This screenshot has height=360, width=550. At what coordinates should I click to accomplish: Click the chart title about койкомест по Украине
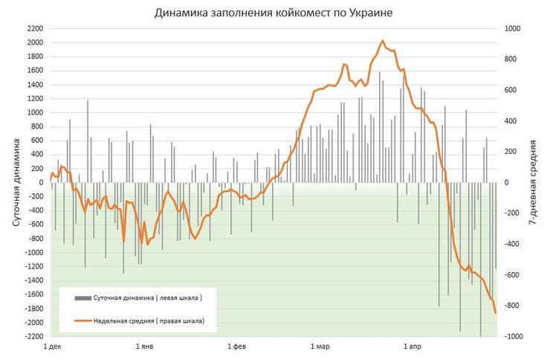(274, 13)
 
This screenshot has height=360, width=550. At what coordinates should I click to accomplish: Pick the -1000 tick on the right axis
(514, 336)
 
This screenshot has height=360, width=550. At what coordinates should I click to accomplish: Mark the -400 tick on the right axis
(513, 244)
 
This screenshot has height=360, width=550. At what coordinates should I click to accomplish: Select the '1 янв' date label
(146, 347)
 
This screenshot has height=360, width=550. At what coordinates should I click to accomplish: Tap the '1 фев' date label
(236, 347)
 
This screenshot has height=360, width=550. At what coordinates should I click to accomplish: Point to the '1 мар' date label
(320, 347)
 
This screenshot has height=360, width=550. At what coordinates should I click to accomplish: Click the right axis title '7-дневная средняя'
(536, 182)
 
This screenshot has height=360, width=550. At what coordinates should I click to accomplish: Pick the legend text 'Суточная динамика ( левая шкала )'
(148, 298)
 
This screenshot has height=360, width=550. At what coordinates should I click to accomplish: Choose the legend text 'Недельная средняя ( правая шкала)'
(149, 321)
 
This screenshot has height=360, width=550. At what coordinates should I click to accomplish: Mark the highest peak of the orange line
(382, 41)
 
